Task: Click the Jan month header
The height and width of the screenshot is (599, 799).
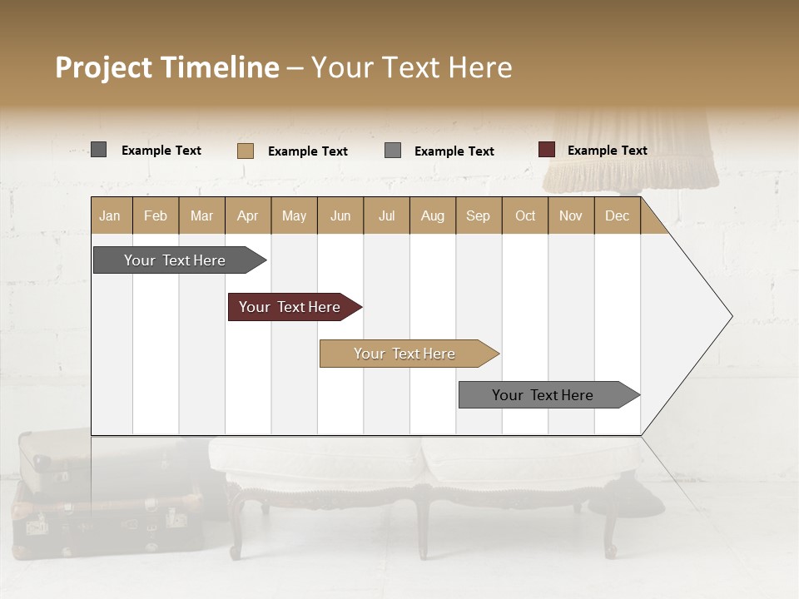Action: pos(111,216)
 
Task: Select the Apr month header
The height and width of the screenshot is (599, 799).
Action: pos(248,216)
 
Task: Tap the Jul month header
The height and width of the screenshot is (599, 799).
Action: pos(386,216)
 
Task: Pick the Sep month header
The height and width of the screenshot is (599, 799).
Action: pos(478,216)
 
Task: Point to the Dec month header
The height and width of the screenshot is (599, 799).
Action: pos(617,216)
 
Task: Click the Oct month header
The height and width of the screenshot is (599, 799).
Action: pos(525,216)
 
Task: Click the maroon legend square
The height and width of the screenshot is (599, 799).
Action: pos(546,150)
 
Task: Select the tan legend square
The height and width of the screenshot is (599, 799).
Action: pos(245,151)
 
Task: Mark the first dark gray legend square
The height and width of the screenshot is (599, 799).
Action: pos(98,150)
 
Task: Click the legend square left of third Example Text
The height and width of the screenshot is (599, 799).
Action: pos(393,151)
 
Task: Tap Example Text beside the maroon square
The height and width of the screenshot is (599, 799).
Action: pos(607,151)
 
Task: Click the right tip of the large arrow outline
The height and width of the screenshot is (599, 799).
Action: pos(732,316)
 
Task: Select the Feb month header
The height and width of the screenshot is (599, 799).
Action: pos(156,216)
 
